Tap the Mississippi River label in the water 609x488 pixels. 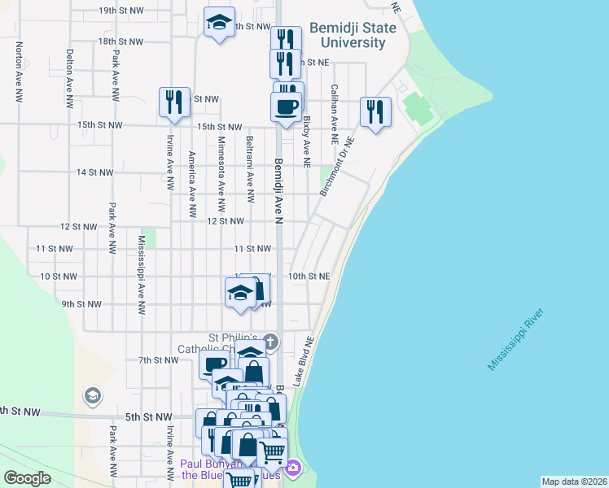pyautogui.click(x=515, y=341)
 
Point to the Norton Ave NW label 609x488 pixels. pyautogui.click(x=18, y=72)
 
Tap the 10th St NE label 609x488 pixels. pyautogui.click(x=309, y=277)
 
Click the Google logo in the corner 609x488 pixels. pyautogui.click(x=27, y=478)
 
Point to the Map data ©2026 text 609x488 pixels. pyautogui.click(x=574, y=481)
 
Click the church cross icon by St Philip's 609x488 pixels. pyautogui.click(x=271, y=342)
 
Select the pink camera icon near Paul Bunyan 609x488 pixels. pyautogui.click(x=292, y=468)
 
